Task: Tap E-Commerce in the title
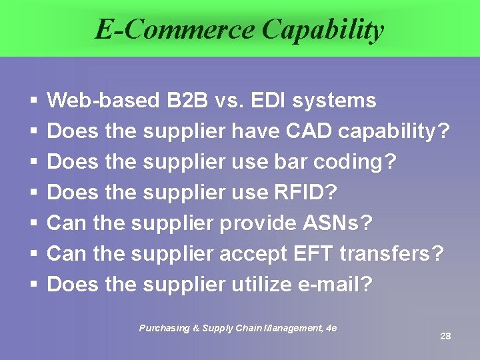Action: click(175, 29)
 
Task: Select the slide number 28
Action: click(445, 336)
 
